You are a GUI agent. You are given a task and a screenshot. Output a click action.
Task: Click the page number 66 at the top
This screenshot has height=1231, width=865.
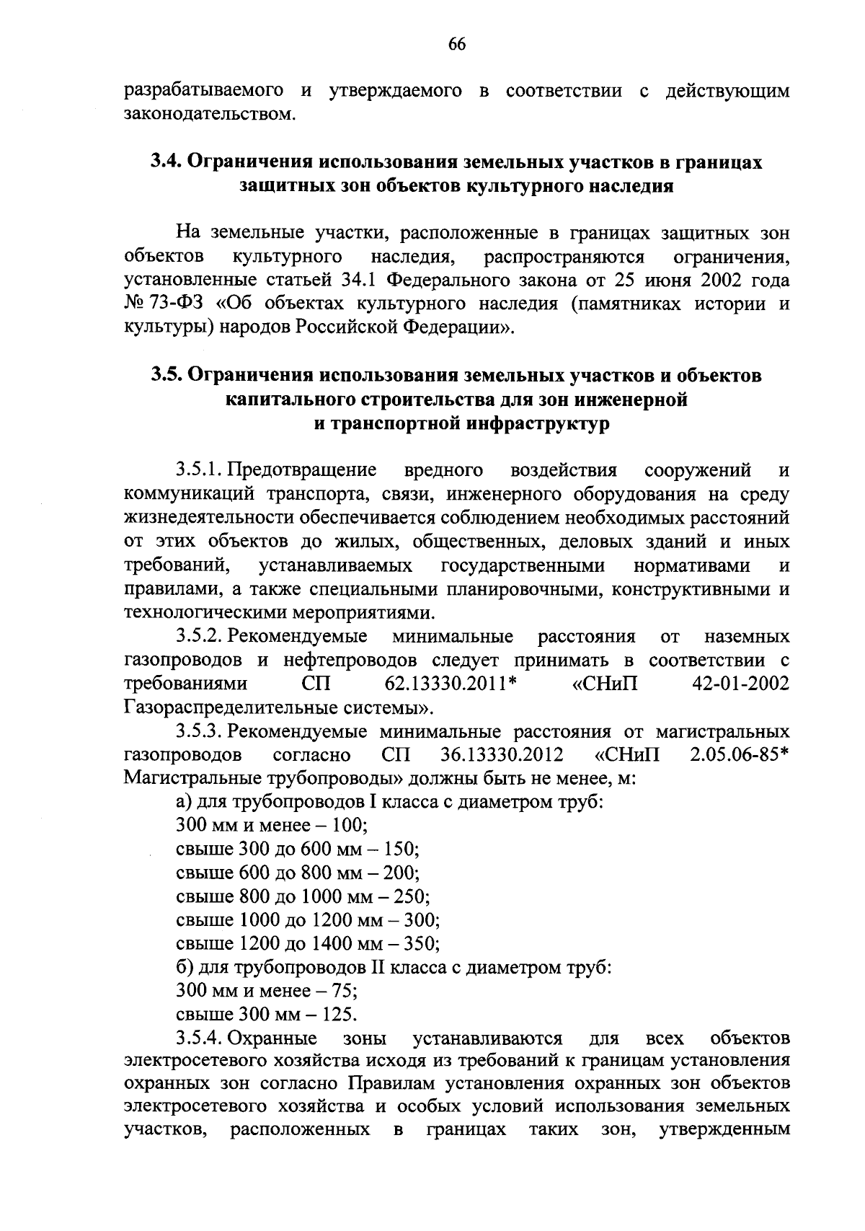pos(457,45)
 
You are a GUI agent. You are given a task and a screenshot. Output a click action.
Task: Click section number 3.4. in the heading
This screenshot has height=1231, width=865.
pos(166,163)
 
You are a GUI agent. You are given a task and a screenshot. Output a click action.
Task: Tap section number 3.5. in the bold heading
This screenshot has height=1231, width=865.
pos(167,376)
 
